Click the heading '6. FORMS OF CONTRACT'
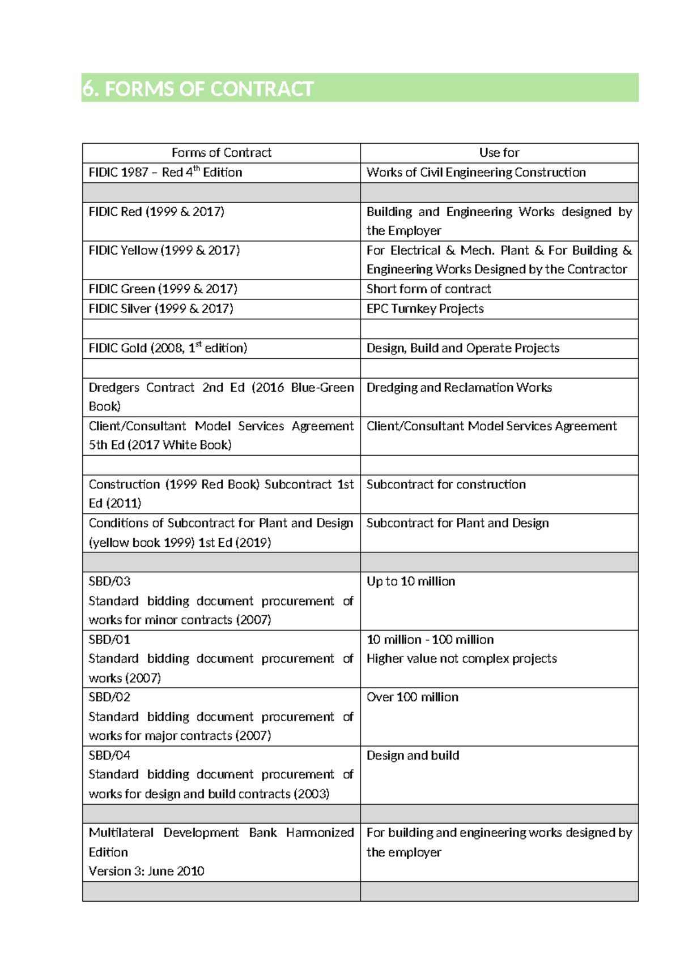coord(198,89)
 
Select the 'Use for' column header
coord(499,153)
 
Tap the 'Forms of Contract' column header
coord(221,153)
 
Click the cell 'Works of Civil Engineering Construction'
coord(476,173)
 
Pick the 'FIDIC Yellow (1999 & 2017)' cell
coord(164,250)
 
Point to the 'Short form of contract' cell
coord(428,289)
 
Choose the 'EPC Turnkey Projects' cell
coord(425,309)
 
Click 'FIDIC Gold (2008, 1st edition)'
coord(168,348)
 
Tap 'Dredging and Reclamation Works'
coord(459,388)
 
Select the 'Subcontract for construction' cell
coord(446,485)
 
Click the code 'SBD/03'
coord(109,581)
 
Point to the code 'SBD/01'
coord(109,640)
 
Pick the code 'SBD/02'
coord(109,697)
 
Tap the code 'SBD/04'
coord(109,756)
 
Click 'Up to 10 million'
coord(411,581)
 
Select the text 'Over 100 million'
coord(413,697)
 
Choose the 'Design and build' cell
coord(413,756)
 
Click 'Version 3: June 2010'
coord(146,871)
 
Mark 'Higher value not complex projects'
coord(462,659)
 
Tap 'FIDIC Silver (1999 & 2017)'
coord(161,309)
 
